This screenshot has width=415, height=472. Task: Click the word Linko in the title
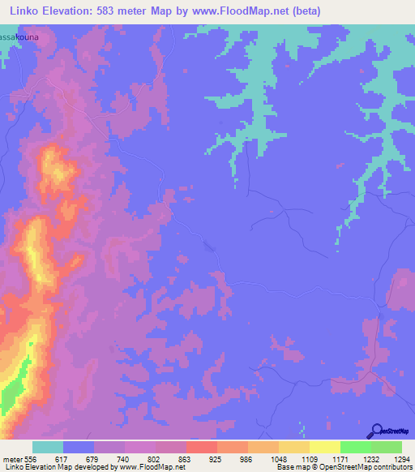click(26, 11)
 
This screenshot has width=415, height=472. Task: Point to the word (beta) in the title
click(307, 11)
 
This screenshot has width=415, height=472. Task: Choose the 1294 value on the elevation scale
click(401, 458)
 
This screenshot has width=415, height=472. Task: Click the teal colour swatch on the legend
click(48, 447)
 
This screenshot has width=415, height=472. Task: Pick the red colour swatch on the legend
click(202, 447)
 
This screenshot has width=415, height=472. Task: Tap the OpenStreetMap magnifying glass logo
click(378, 430)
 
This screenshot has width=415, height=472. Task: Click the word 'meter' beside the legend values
click(11, 458)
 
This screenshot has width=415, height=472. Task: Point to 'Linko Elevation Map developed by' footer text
click(50, 467)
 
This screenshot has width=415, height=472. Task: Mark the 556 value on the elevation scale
click(30, 458)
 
